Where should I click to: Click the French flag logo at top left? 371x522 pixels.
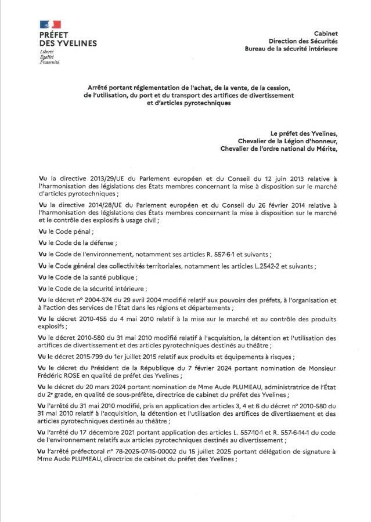pyautogui.click(x=51, y=24)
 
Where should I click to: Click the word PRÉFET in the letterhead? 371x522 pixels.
pyautogui.click(x=54, y=35)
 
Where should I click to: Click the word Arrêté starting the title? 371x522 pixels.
pyautogui.click(x=92, y=86)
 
